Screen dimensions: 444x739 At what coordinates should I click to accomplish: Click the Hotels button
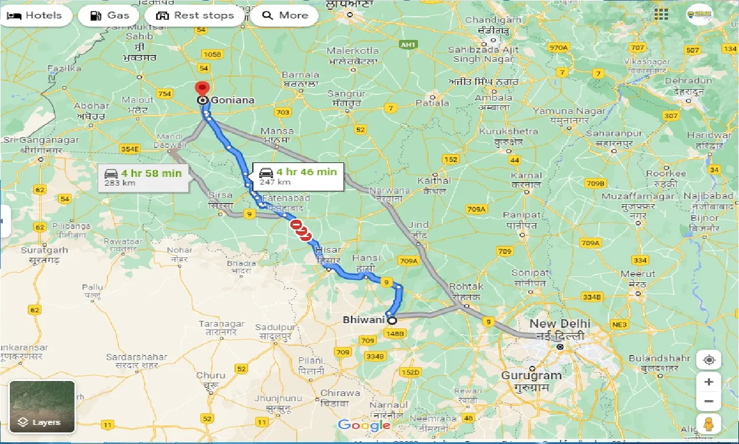36,16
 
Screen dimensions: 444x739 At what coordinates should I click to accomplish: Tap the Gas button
109,16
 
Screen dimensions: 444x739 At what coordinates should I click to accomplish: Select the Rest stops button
196,16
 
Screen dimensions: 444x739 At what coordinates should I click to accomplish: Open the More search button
285,16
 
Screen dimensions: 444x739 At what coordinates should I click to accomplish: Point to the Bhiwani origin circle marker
392,320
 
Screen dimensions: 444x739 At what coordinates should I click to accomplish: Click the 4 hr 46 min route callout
298,176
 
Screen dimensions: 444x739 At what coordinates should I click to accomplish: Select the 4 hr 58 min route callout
144,177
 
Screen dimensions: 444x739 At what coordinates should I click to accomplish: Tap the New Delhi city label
559,324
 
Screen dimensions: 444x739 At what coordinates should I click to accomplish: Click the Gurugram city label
531,375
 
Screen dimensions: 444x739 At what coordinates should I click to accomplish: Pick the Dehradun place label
688,81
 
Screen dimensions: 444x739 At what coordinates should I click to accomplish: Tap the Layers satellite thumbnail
42,406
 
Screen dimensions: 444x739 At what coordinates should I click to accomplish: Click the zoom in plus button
709,382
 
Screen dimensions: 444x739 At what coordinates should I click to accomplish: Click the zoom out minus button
709,401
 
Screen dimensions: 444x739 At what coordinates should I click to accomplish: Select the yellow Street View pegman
709,424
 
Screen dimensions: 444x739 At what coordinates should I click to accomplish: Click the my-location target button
709,360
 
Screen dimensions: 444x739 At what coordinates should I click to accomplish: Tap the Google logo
364,425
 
